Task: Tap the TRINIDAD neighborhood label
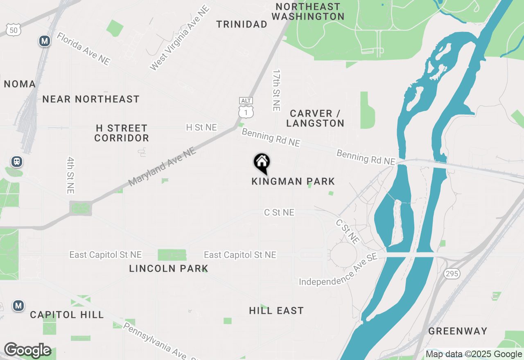(x=242, y=24)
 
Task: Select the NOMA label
(x=20, y=84)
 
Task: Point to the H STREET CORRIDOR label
(x=122, y=133)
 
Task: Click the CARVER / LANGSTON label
(x=315, y=118)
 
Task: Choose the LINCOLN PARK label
(x=169, y=268)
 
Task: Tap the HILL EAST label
(x=276, y=310)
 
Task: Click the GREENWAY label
(x=458, y=331)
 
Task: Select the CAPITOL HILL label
(x=67, y=315)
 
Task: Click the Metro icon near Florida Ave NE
(x=45, y=41)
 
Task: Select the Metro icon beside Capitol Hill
(x=18, y=305)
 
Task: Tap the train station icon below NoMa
(x=16, y=162)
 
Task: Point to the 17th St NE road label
(x=277, y=90)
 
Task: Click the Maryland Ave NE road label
(x=162, y=166)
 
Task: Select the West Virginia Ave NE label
(x=180, y=38)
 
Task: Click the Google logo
(x=27, y=350)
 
